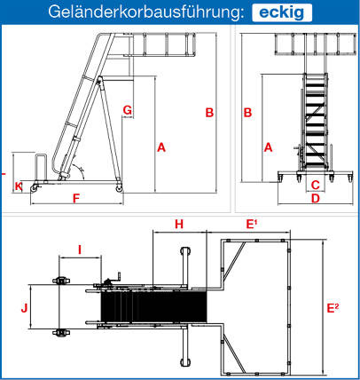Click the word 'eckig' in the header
click(282, 12)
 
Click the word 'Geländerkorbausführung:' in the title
click(146, 12)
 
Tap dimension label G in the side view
click(128, 110)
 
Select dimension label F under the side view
click(76, 199)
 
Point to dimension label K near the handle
click(19, 186)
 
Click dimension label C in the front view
click(316, 185)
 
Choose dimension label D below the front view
click(316, 198)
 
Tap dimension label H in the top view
click(179, 225)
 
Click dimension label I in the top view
click(80, 250)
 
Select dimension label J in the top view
click(24, 308)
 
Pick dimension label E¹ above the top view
click(251, 224)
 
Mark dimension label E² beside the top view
click(333, 308)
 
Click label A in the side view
click(161, 147)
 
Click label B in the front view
click(247, 113)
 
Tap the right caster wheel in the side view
click(119, 188)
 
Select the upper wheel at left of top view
click(60, 281)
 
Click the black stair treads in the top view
click(153, 306)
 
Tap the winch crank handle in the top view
click(113, 278)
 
